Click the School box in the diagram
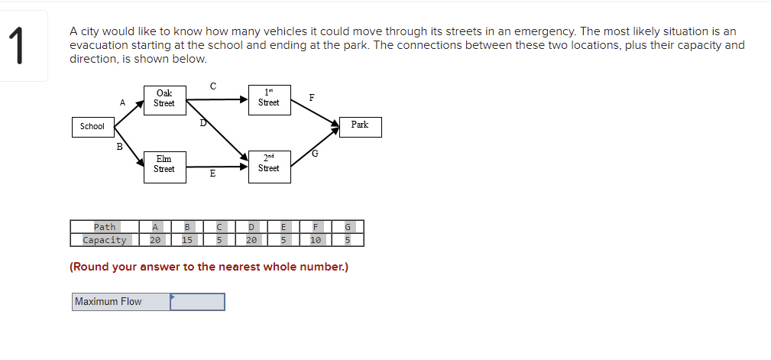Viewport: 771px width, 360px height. [92, 126]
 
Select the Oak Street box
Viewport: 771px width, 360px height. [164, 99]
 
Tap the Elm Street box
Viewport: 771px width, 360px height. [164, 164]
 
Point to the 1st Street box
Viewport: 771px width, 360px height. [269, 99]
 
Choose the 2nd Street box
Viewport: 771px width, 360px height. [269, 164]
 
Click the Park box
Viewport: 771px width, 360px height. [360, 125]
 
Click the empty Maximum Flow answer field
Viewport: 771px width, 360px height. [197, 302]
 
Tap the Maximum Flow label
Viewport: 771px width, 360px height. [109, 302]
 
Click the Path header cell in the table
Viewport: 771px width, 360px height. [105, 227]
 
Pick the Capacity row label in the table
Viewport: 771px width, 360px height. [105, 240]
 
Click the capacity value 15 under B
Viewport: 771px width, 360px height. [187, 240]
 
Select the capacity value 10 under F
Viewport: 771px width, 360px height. [315, 240]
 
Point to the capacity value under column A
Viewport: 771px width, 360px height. [155, 240]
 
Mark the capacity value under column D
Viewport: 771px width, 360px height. [251, 240]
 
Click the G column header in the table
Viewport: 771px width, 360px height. [348, 227]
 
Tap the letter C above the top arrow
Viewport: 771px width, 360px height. [212, 86]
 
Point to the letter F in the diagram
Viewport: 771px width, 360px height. [311, 98]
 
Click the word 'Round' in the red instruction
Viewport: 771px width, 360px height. [90, 267]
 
